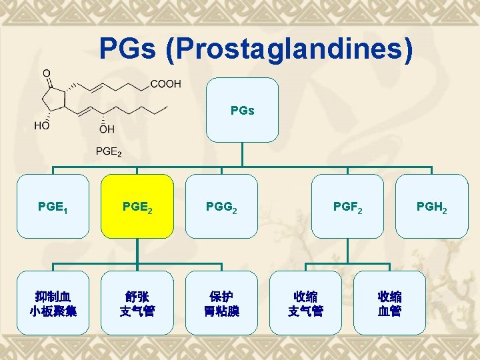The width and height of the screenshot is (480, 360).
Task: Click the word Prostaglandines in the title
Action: point(294,50)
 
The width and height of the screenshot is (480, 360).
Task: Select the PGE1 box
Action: point(53,206)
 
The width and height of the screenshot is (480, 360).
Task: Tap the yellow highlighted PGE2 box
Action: point(137,206)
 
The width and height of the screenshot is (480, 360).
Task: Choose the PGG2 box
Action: point(221,206)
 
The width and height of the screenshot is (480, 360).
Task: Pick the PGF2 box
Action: point(348,206)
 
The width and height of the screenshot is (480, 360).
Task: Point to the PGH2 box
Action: point(432,206)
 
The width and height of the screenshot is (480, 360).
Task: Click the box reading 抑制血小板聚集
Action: point(53,303)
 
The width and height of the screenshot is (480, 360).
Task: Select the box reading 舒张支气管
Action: point(137,303)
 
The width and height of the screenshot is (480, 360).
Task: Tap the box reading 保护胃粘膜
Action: point(221,303)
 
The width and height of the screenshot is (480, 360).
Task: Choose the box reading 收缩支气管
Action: point(305,303)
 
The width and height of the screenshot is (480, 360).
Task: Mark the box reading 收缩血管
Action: point(389,303)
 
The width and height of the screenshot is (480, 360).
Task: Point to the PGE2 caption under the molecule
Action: point(109,153)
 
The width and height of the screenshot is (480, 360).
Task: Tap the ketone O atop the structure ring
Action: point(46,73)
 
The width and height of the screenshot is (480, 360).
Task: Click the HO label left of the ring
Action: point(42,125)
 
